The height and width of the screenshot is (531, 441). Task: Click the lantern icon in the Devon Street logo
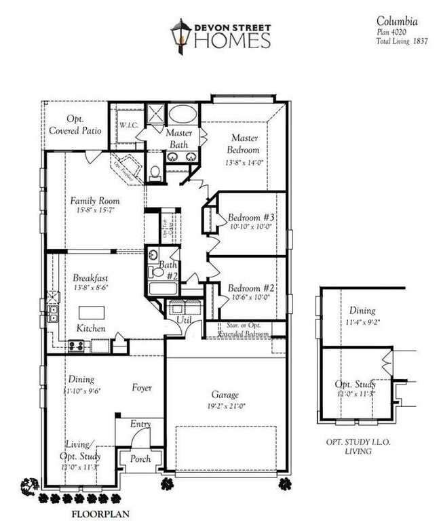[x=181, y=35]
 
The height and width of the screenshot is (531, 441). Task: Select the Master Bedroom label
[x=244, y=144]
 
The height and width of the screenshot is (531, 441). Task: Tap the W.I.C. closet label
[x=129, y=125]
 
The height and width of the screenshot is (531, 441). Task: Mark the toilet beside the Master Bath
[x=155, y=173]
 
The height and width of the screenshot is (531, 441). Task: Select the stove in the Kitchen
[x=76, y=346]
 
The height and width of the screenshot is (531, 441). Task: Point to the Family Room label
[x=95, y=201]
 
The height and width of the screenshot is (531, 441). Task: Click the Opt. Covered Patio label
[x=76, y=124]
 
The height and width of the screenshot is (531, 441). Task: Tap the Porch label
[x=140, y=459]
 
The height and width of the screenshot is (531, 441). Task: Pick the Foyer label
[x=142, y=388]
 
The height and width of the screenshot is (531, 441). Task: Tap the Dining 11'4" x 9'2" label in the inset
[x=362, y=316]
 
